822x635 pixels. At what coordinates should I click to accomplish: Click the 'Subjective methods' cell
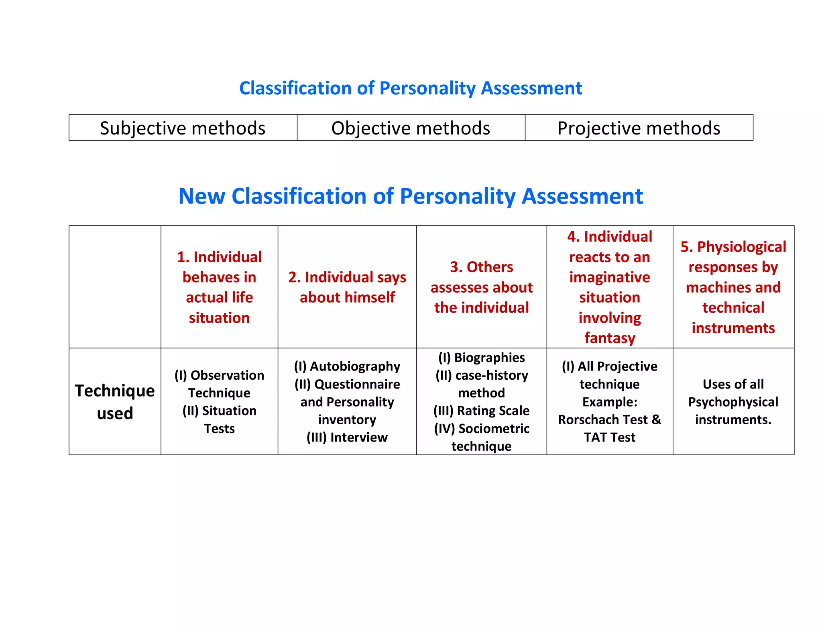183,128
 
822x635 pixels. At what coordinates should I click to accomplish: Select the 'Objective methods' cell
411,128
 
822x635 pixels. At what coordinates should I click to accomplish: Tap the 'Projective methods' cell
639,128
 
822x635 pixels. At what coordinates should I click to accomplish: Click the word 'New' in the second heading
201,197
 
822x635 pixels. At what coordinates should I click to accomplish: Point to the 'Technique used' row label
115,402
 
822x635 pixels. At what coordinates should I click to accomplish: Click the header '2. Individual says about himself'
347,287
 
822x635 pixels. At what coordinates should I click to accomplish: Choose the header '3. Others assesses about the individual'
481,287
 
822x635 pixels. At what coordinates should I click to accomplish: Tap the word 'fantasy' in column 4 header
610,338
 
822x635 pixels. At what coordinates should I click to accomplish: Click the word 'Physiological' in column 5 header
741,247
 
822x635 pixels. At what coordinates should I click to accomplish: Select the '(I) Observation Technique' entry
219,384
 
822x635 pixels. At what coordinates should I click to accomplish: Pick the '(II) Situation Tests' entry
219,419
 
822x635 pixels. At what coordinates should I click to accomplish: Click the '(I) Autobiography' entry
347,366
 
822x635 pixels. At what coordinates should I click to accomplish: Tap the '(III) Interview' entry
347,437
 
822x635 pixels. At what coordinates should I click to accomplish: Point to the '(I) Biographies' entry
481,357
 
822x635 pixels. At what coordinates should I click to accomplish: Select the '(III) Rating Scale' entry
481,411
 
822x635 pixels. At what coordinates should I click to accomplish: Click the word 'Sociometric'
494,428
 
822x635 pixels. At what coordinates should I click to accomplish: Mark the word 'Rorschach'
582,419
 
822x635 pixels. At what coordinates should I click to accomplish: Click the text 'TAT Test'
609,437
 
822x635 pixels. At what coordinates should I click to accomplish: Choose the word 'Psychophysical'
733,402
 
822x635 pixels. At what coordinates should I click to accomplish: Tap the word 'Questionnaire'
357,384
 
